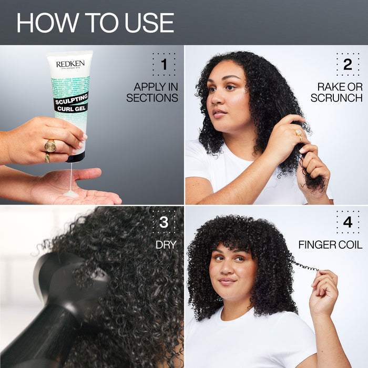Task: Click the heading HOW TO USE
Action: pyautogui.click(x=95, y=22)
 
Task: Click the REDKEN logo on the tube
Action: pyautogui.click(x=70, y=64)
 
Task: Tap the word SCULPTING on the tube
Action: pyautogui.click(x=71, y=99)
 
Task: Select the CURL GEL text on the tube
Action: pyautogui.click(x=71, y=108)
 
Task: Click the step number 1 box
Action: pyautogui.click(x=163, y=65)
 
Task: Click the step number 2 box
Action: pyautogui.click(x=347, y=65)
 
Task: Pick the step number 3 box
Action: pyautogui.click(x=163, y=222)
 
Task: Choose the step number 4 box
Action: pyautogui.click(x=347, y=222)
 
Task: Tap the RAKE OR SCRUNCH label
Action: pyautogui.click(x=336, y=92)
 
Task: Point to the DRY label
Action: pyautogui.click(x=165, y=245)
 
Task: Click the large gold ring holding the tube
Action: pyautogui.click(x=50, y=146)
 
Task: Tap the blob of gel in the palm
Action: pyautogui.click(x=70, y=193)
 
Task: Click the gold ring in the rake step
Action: pyautogui.click(x=299, y=134)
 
